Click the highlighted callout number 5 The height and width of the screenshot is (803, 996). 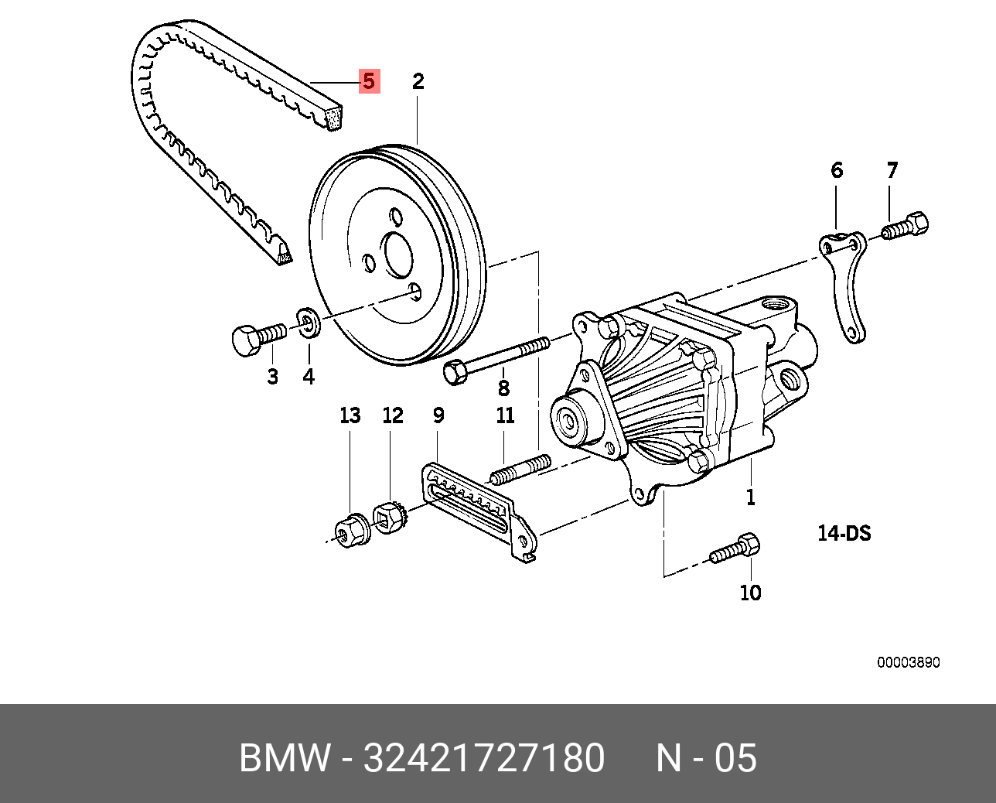point(369,80)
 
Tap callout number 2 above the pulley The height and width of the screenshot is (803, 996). point(418,81)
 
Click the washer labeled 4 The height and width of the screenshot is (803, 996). point(309,323)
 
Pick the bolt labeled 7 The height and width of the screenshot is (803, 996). point(906,226)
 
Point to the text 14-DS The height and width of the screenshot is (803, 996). point(844,533)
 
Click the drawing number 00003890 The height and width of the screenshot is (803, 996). point(908,663)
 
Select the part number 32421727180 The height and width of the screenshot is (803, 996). point(484,758)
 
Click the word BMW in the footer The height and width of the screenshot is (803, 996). point(284,758)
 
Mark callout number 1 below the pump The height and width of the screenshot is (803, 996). point(750,497)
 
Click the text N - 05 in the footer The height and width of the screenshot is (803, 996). point(706,758)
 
